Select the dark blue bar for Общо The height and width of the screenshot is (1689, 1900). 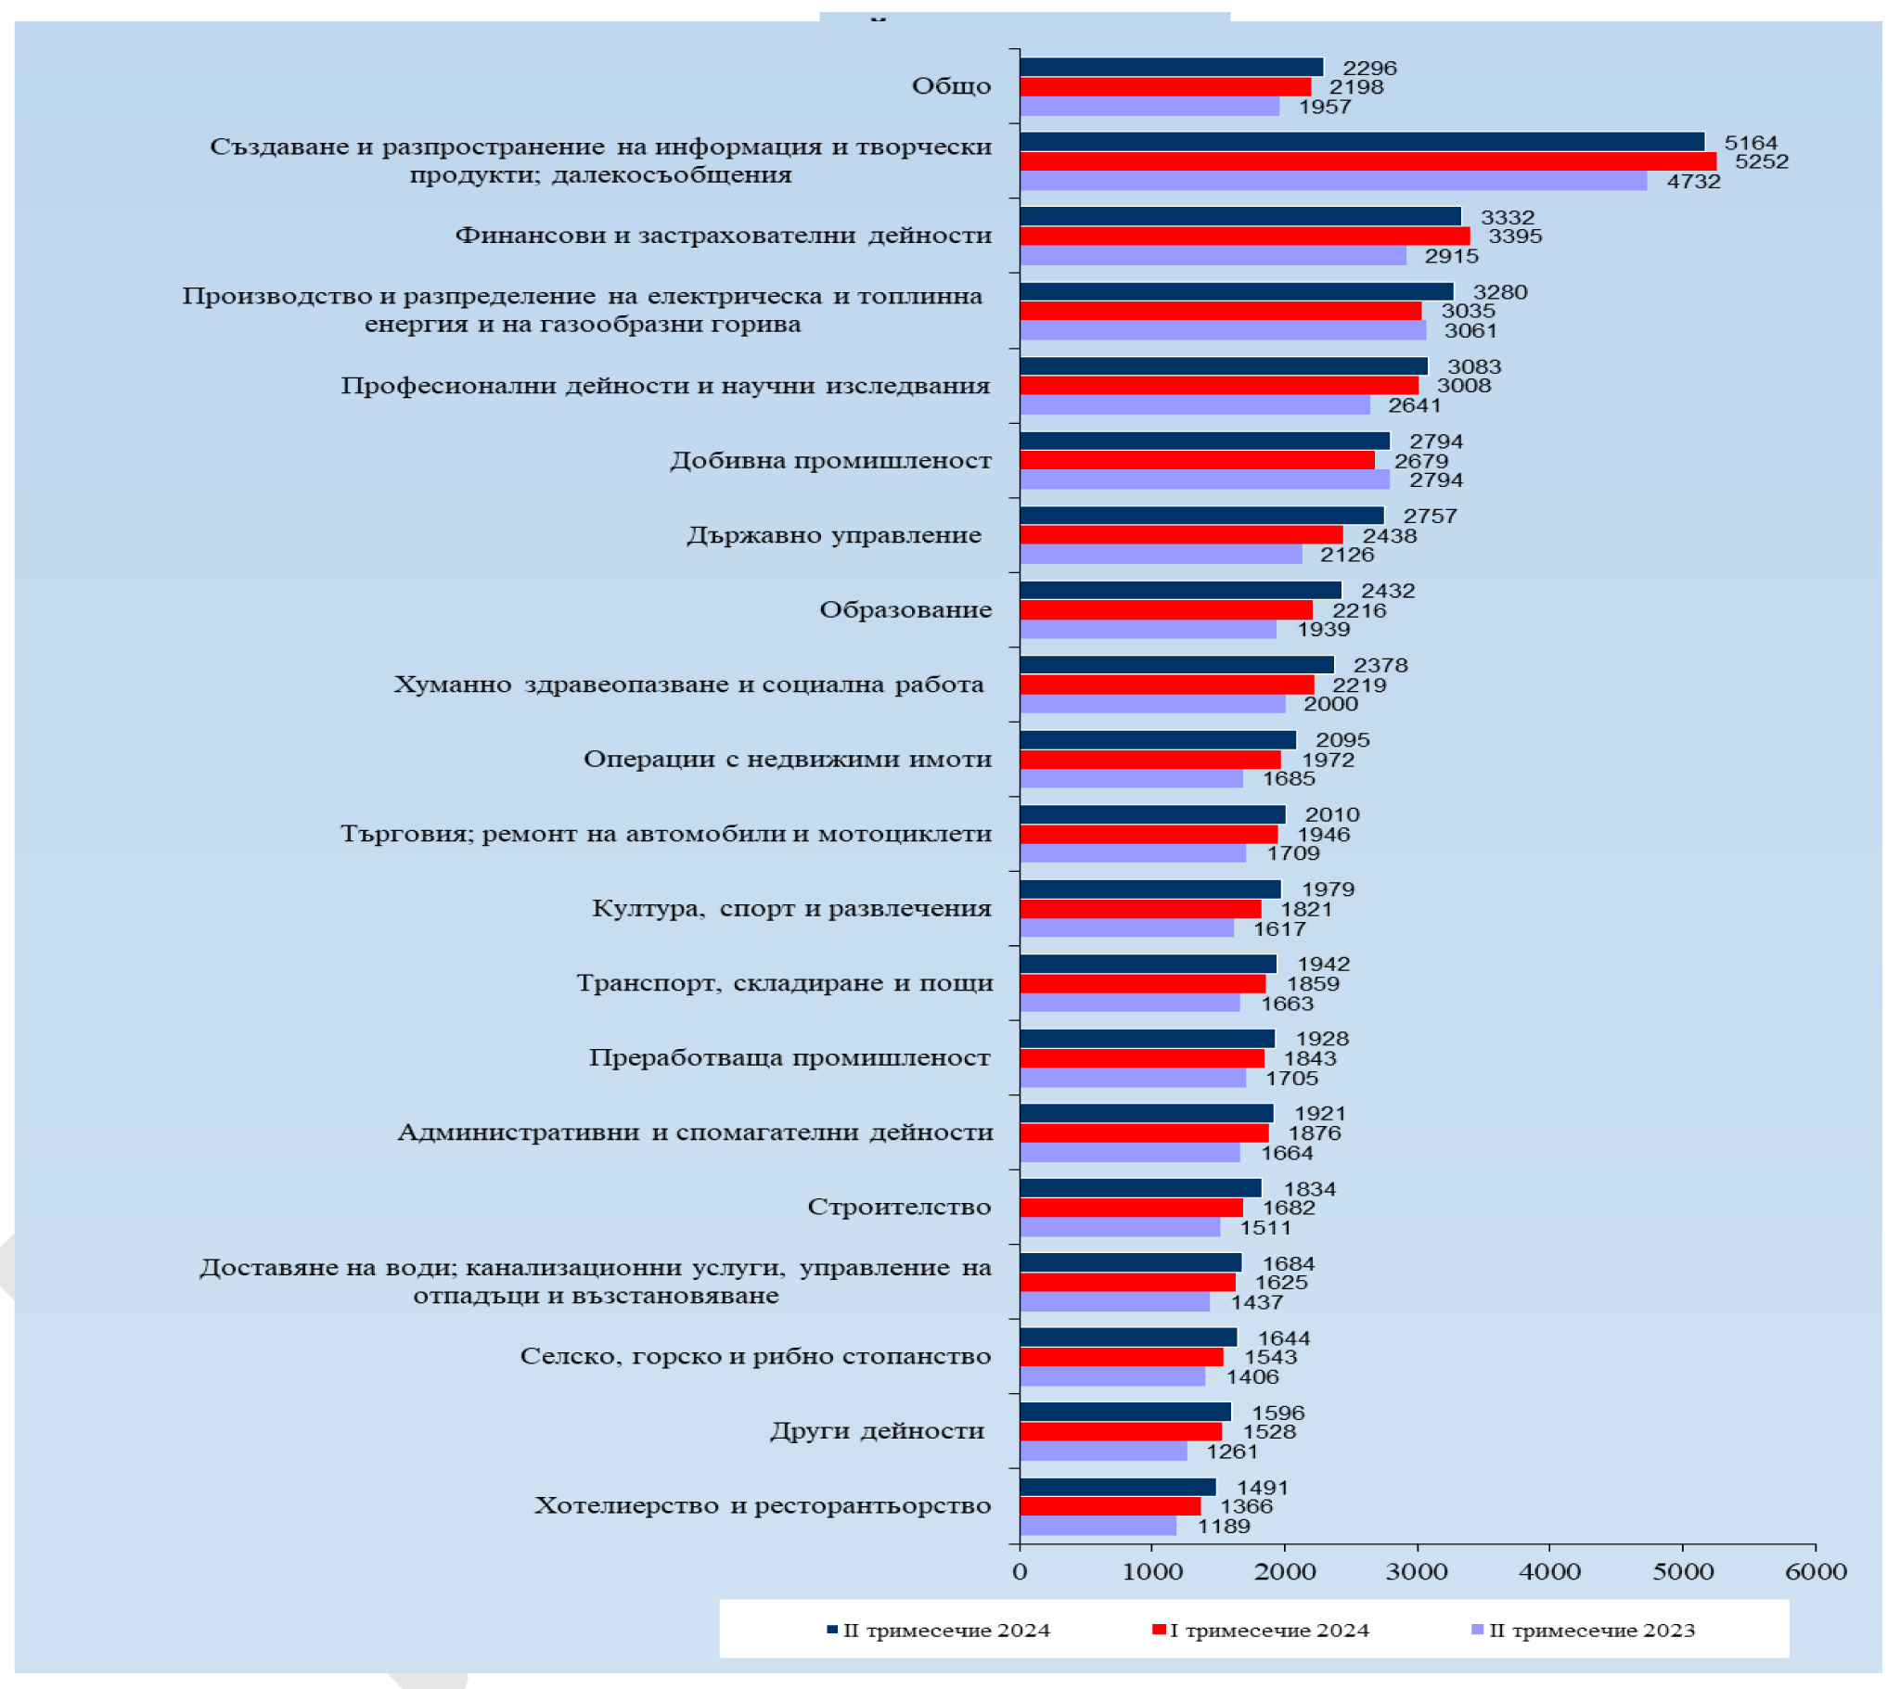tap(1171, 68)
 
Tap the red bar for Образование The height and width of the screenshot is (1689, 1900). tap(1165, 609)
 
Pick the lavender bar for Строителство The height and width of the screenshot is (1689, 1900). tap(1120, 1228)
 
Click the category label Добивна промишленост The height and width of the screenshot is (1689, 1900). tap(831, 461)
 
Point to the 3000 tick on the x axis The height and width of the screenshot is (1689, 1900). tap(1418, 1572)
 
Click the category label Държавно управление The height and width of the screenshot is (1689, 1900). tap(835, 535)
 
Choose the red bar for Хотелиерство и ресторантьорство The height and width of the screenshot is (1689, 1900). tap(1110, 1507)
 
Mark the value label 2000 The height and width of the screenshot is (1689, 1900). tap(1331, 705)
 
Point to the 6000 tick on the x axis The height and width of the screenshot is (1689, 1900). tap(1816, 1572)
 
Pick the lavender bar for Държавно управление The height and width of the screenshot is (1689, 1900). tap(1161, 555)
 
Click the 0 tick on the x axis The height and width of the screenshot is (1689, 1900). tap(1020, 1572)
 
